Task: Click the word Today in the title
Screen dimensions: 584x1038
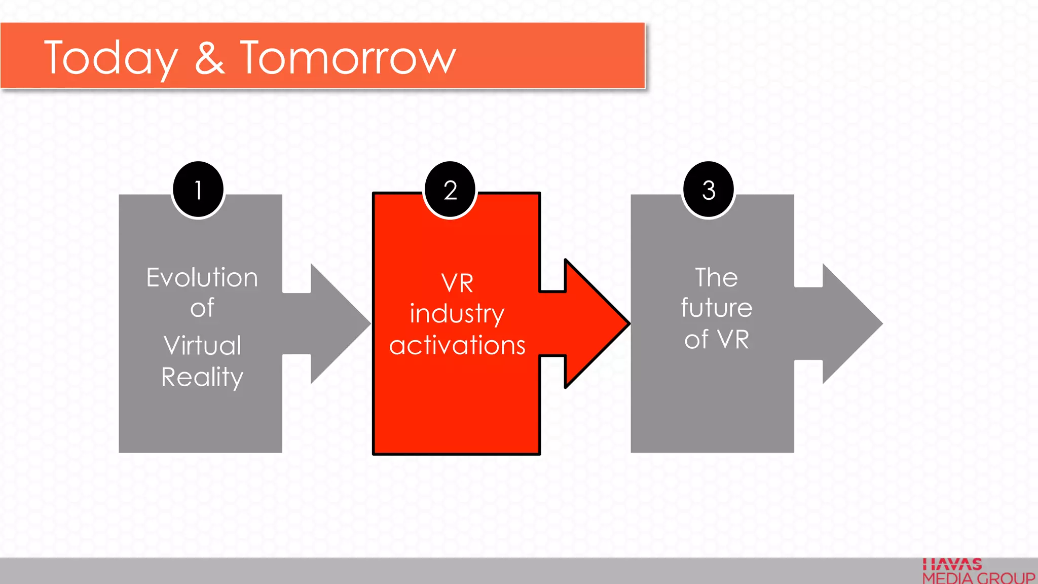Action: [x=111, y=59]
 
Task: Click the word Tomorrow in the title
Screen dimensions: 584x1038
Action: [x=348, y=58]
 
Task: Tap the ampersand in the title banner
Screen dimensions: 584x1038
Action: [x=209, y=58]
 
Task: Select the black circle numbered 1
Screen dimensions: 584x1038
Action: [x=198, y=190]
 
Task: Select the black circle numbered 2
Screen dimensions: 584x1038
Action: [x=450, y=190]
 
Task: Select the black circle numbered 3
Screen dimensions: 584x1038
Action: [x=709, y=190]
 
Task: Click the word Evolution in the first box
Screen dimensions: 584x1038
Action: [x=202, y=278]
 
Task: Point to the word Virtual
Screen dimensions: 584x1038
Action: [x=202, y=346]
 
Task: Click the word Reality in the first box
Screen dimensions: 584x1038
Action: [x=202, y=377]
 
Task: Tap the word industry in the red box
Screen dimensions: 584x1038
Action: [x=457, y=314]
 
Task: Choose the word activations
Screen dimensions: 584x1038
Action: [x=457, y=345]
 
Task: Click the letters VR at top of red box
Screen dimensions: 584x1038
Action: [x=457, y=283]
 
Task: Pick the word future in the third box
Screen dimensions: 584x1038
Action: [x=716, y=308]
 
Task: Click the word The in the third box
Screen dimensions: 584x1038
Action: [x=716, y=278]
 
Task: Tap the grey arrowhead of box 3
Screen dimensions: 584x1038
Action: [x=851, y=323]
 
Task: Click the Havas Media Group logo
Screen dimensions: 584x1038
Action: [x=978, y=572]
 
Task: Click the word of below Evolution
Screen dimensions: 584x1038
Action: [x=202, y=308]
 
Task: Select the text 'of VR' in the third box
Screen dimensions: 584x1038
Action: [x=716, y=340]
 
